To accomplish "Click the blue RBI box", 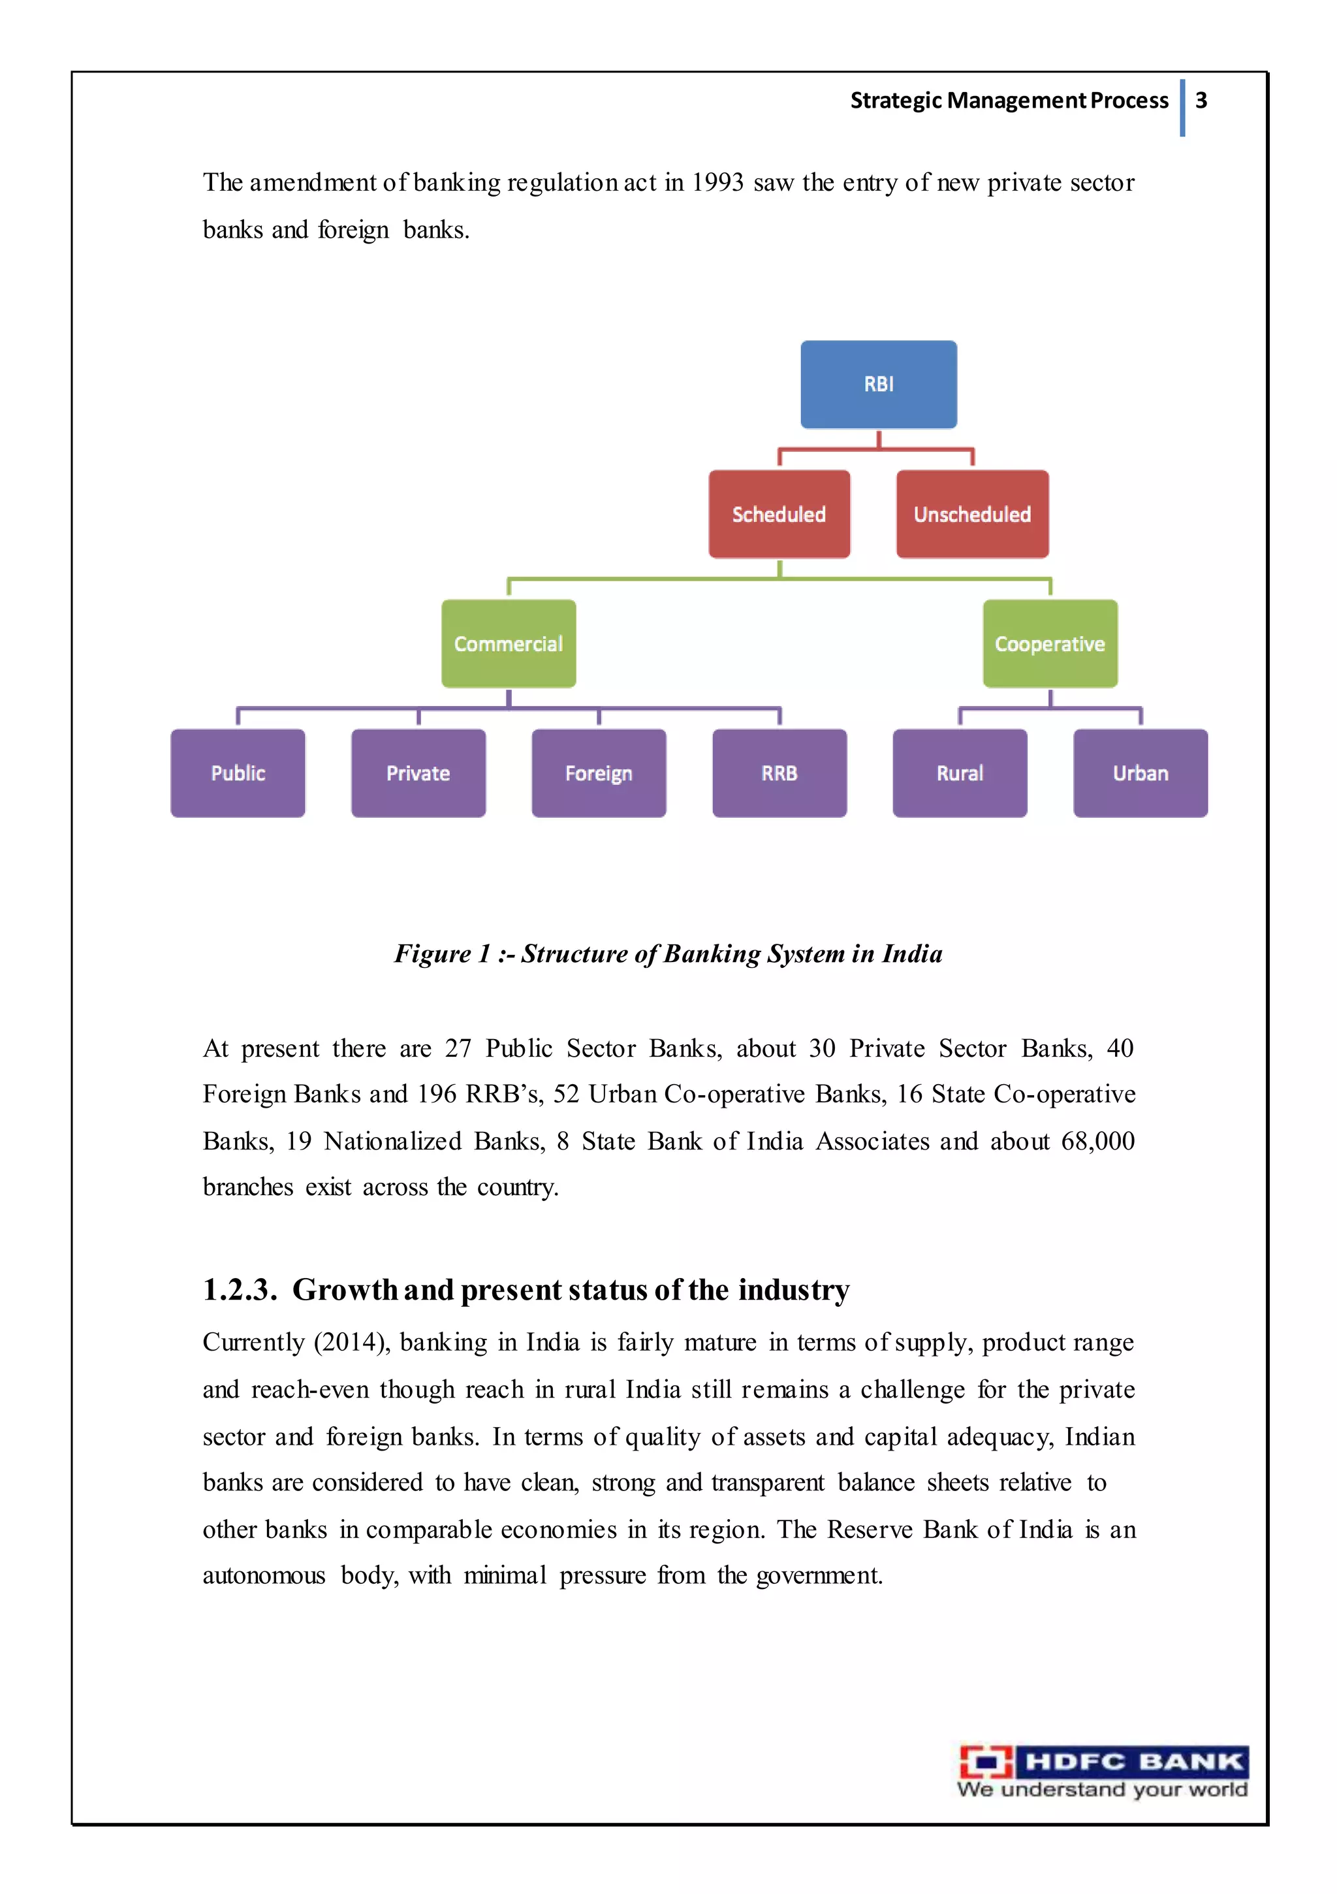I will point(879,385).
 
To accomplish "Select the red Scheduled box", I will point(779,514).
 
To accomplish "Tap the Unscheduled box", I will point(971,514).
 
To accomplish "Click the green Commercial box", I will point(508,643).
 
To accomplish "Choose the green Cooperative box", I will point(1049,643).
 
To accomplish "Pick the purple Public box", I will point(238,773).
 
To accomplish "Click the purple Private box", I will point(418,773).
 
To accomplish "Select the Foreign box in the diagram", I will point(599,773).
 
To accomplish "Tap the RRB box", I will point(779,773).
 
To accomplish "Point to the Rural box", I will point(959,773).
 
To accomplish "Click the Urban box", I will point(1140,773).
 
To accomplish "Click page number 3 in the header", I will point(1201,101).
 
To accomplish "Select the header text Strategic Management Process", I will point(1009,101).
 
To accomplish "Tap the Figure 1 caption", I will point(668,954).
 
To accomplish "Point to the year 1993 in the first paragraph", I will point(717,182).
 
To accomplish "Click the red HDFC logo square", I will point(986,1762).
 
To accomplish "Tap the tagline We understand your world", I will point(1102,1790).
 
